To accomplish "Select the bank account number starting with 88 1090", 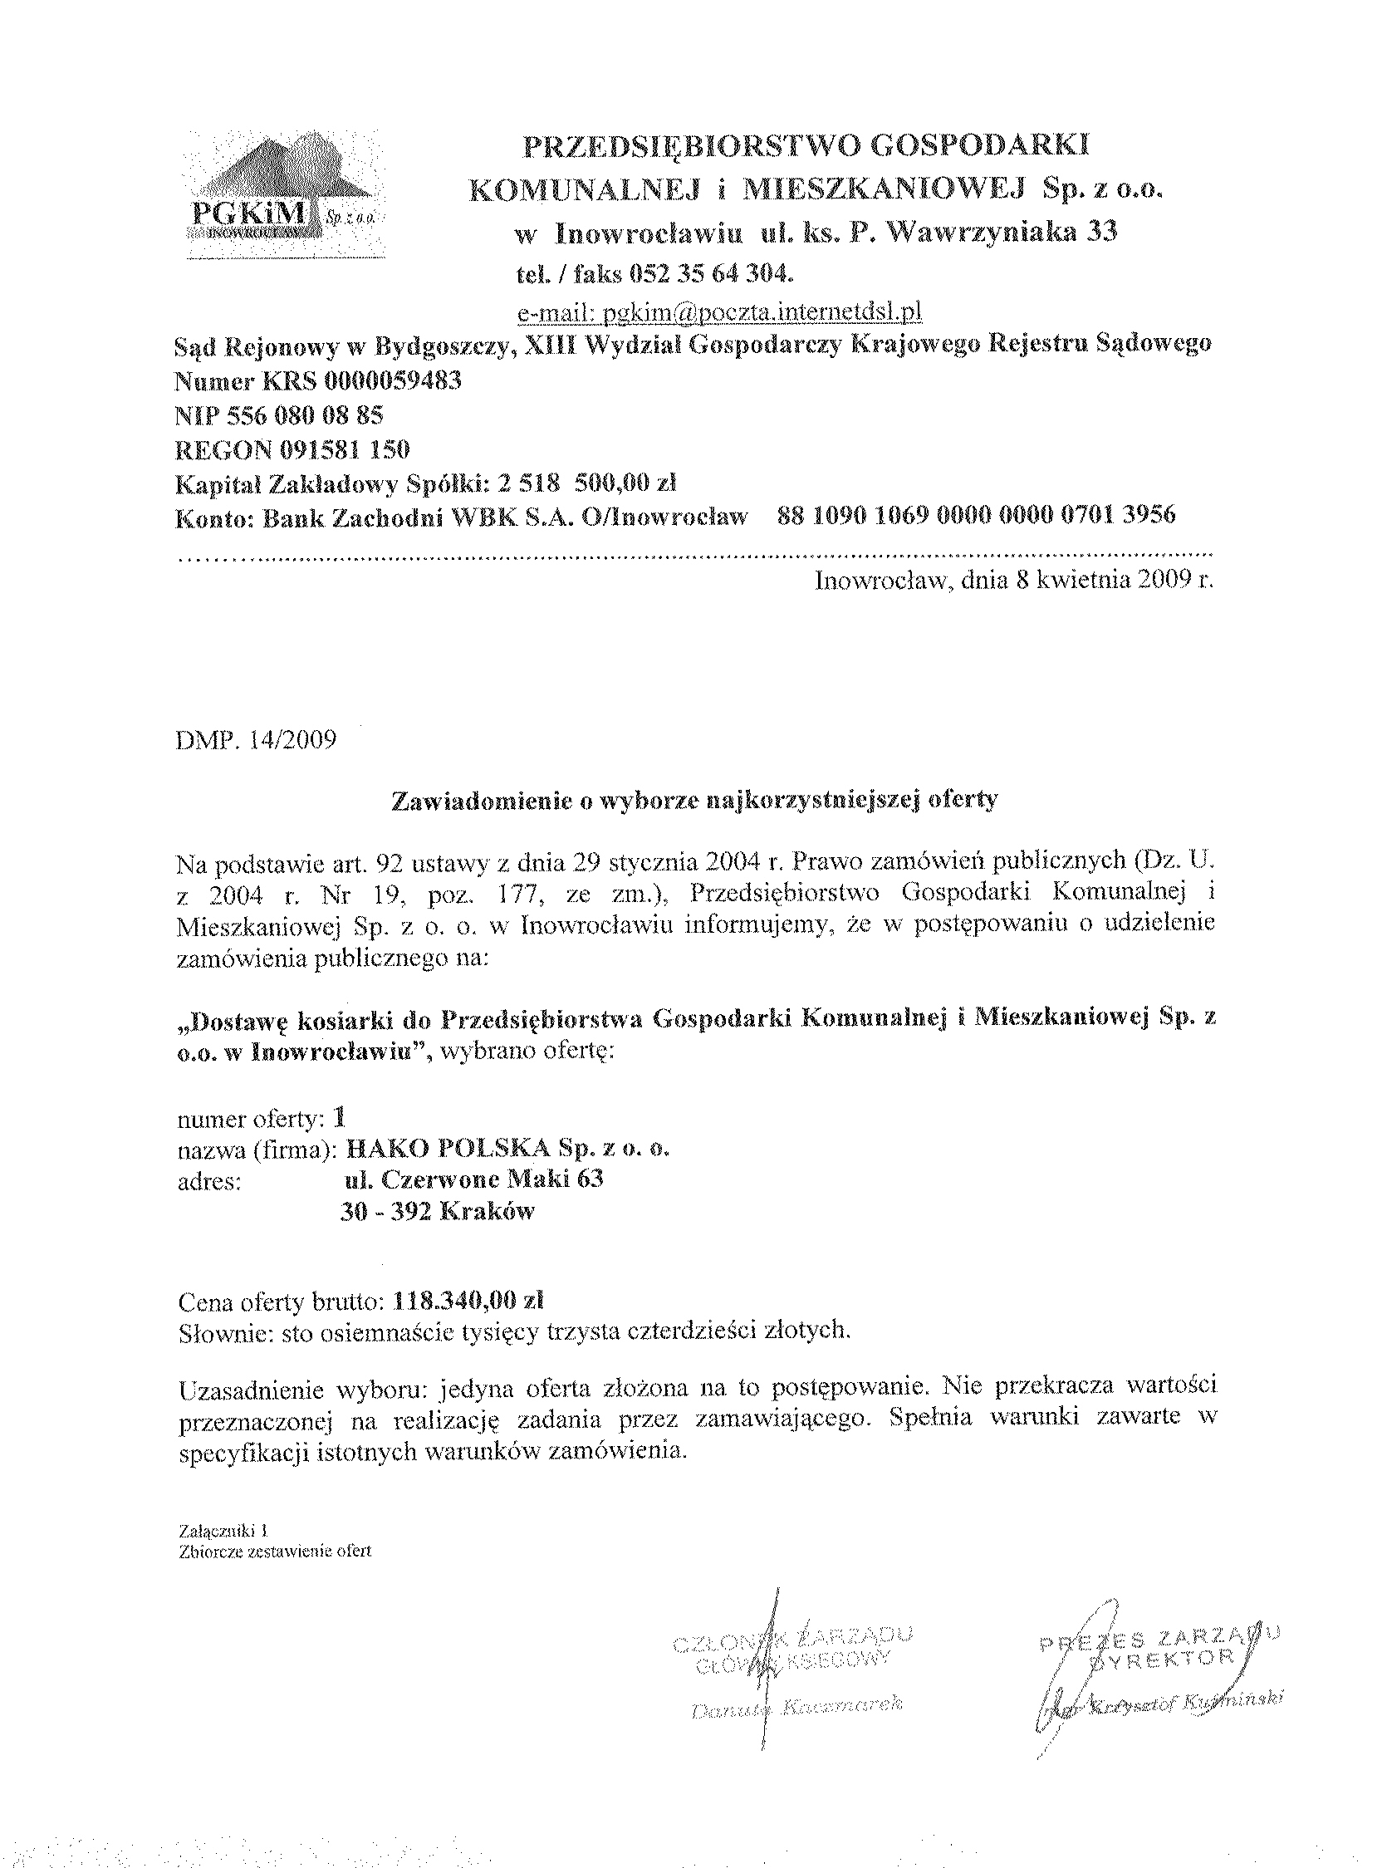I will [976, 515].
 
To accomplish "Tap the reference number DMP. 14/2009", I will [257, 740].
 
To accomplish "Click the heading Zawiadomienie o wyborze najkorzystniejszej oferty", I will [694, 800].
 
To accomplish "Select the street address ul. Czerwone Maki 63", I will [473, 1179].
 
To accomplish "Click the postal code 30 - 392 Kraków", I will [437, 1212].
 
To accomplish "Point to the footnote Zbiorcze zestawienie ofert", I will [274, 1550].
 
